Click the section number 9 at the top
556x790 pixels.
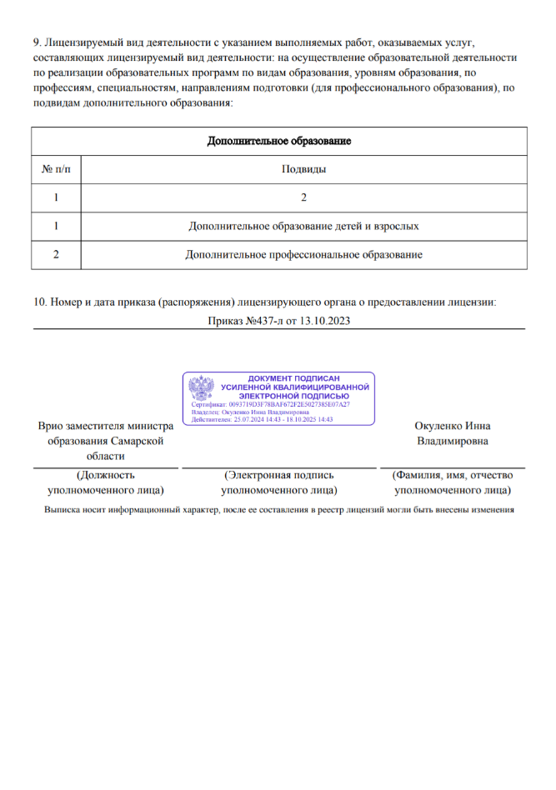point(37,41)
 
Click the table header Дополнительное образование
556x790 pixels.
point(278,141)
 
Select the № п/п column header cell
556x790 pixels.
point(56,169)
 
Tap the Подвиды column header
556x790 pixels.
point(303,169)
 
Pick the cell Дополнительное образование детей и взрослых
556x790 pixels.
point(303,226)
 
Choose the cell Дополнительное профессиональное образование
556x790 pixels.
point(303,254)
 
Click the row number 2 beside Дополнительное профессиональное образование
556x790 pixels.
point(56,254)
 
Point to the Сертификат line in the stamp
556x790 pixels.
point(270,404)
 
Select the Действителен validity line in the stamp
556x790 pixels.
point(262,419)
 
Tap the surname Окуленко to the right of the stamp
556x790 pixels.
point(437,425)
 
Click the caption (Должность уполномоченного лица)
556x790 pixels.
point(105,482)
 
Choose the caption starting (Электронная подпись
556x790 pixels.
point(278,482)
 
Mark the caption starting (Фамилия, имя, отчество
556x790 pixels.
point(452,482)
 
